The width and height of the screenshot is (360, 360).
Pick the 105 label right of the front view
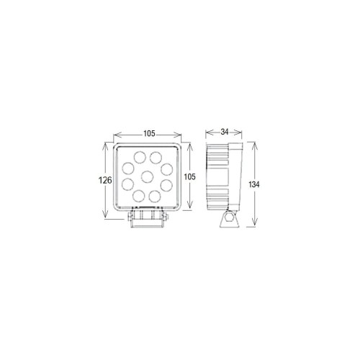click(188, 176)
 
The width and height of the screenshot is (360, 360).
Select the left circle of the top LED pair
click(137, 156)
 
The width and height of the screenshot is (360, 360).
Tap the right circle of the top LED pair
click(157, 157)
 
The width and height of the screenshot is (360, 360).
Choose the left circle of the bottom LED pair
click(138, 194)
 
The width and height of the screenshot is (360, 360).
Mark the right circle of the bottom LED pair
click(156, 194)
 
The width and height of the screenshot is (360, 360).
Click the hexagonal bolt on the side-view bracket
click(228, 220)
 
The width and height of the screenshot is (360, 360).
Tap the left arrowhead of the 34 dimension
click(207, 133)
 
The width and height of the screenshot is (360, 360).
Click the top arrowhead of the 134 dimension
click(249, 143)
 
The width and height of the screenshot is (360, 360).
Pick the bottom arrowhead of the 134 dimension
click(249, 225)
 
